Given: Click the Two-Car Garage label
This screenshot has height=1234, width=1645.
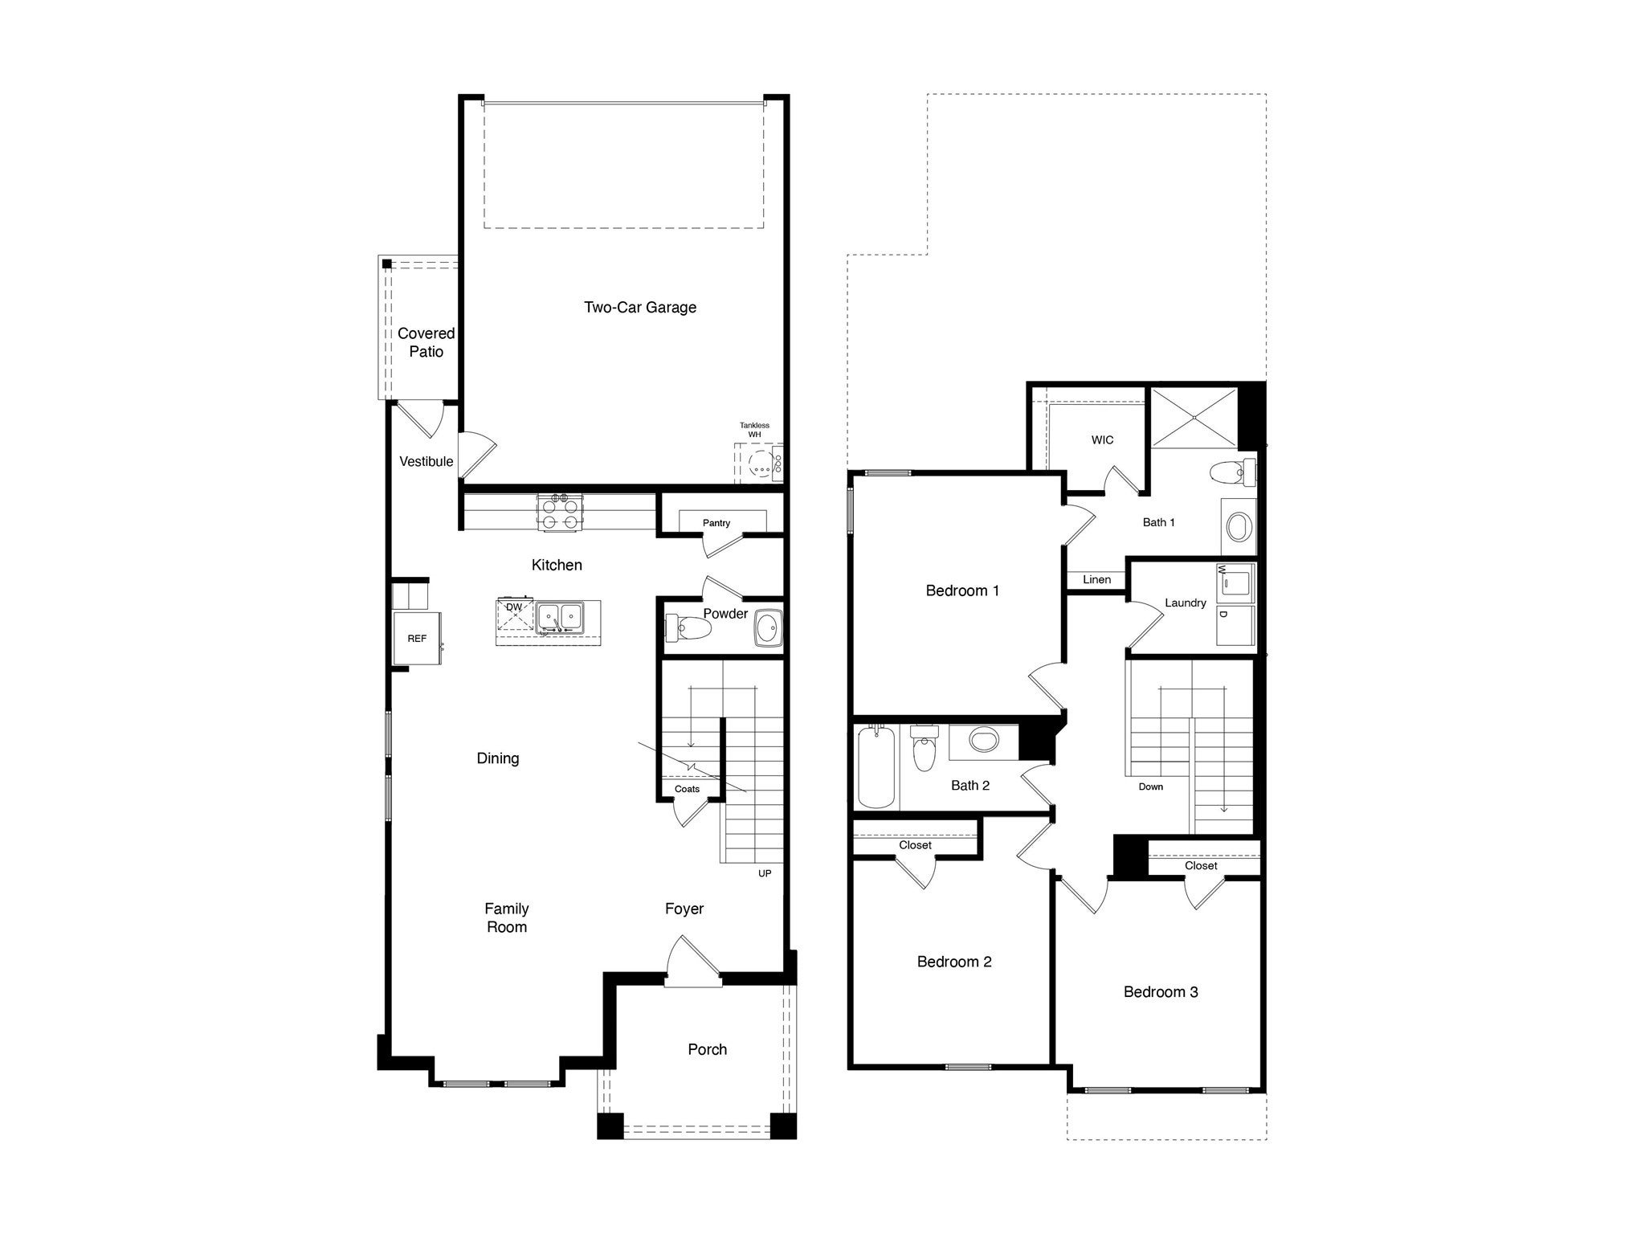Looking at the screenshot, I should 639,307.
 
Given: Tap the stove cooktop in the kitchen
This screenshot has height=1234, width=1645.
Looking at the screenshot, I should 560,512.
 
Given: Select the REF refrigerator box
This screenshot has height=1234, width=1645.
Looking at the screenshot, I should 417,639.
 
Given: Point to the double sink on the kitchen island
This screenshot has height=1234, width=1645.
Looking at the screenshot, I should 560,618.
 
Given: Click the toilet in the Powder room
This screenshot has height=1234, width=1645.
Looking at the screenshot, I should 689,627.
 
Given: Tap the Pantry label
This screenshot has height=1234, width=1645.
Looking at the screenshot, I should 716,523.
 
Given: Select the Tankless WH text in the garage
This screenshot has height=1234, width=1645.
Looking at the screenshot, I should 754,430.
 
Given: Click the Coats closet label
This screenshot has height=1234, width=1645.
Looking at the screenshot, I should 687,789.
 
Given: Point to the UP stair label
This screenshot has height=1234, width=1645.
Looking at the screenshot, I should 765,873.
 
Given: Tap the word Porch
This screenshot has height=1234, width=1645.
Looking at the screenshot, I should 707,1049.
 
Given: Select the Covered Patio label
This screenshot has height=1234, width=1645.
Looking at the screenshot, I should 426,342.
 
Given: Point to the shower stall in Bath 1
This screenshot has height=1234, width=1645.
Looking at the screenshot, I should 1194,417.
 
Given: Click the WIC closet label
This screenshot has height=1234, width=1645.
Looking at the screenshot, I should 1102,440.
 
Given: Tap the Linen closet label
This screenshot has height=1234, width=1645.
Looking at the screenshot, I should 1096,579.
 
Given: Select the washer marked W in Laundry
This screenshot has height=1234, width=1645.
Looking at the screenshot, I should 1235,582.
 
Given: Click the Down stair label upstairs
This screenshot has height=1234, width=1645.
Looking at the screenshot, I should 1150,787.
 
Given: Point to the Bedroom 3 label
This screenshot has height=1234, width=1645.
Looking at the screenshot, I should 1160,992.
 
